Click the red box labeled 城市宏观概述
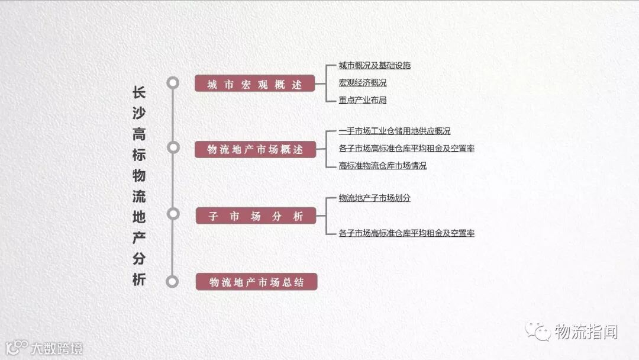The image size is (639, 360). point(255,84)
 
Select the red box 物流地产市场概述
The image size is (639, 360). point(255,149)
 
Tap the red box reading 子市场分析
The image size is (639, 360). point(256,216)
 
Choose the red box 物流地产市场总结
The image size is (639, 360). point(256,282)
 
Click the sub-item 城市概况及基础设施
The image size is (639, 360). point(375,65)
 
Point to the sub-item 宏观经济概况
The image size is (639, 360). point(362,83)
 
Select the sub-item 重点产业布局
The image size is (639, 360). point(362,100)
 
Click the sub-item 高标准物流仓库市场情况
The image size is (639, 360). point(382,166)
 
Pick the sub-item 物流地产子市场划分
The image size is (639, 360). point(375,198)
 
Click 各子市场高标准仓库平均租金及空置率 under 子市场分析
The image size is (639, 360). point(406,233)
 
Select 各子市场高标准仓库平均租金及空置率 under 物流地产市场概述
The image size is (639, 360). point(406,149)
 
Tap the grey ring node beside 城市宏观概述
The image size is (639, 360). point(173,83)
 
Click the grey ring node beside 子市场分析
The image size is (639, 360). point(173,214)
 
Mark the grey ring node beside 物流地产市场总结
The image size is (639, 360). point(173,282)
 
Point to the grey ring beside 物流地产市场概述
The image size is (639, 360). point(173,147)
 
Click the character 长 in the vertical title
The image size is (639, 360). point(138,93)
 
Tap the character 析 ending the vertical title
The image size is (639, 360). point(138,279)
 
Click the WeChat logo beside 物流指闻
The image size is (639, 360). point(538,331)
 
